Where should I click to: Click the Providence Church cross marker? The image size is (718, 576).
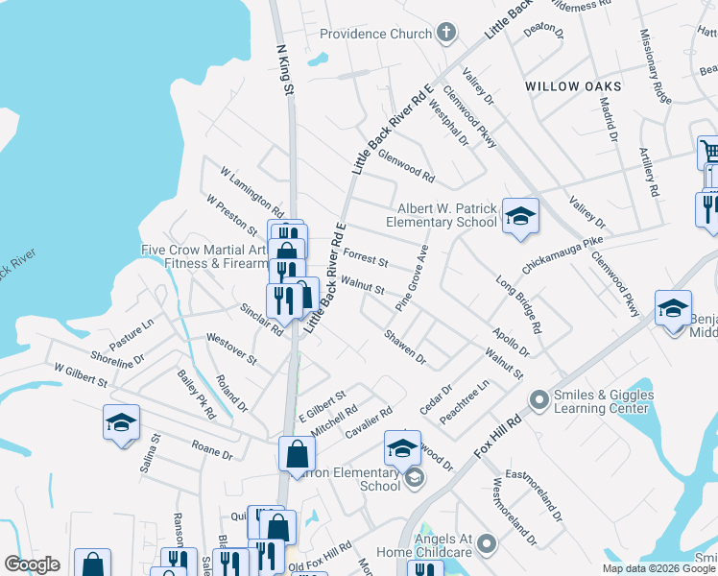(x=445, y=34)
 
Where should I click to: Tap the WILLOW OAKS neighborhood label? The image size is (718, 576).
(x=573, y=86)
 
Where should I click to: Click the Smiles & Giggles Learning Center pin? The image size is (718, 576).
(x=538, y=396)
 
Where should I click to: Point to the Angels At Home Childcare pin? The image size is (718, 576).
(x=486, y=545)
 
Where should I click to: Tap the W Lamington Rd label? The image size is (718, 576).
(x=251, y=192)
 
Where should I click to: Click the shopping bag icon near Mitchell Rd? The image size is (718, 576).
(x=297, y=452)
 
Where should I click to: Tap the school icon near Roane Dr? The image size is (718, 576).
(x=121, y=422)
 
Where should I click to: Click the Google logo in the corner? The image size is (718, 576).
(x=32, y=564)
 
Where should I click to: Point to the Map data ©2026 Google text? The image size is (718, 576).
(x=658, y=568)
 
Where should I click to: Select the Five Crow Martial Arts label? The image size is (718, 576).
(x=203, y=250)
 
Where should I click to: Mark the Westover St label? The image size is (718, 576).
(x=231, y=348)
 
